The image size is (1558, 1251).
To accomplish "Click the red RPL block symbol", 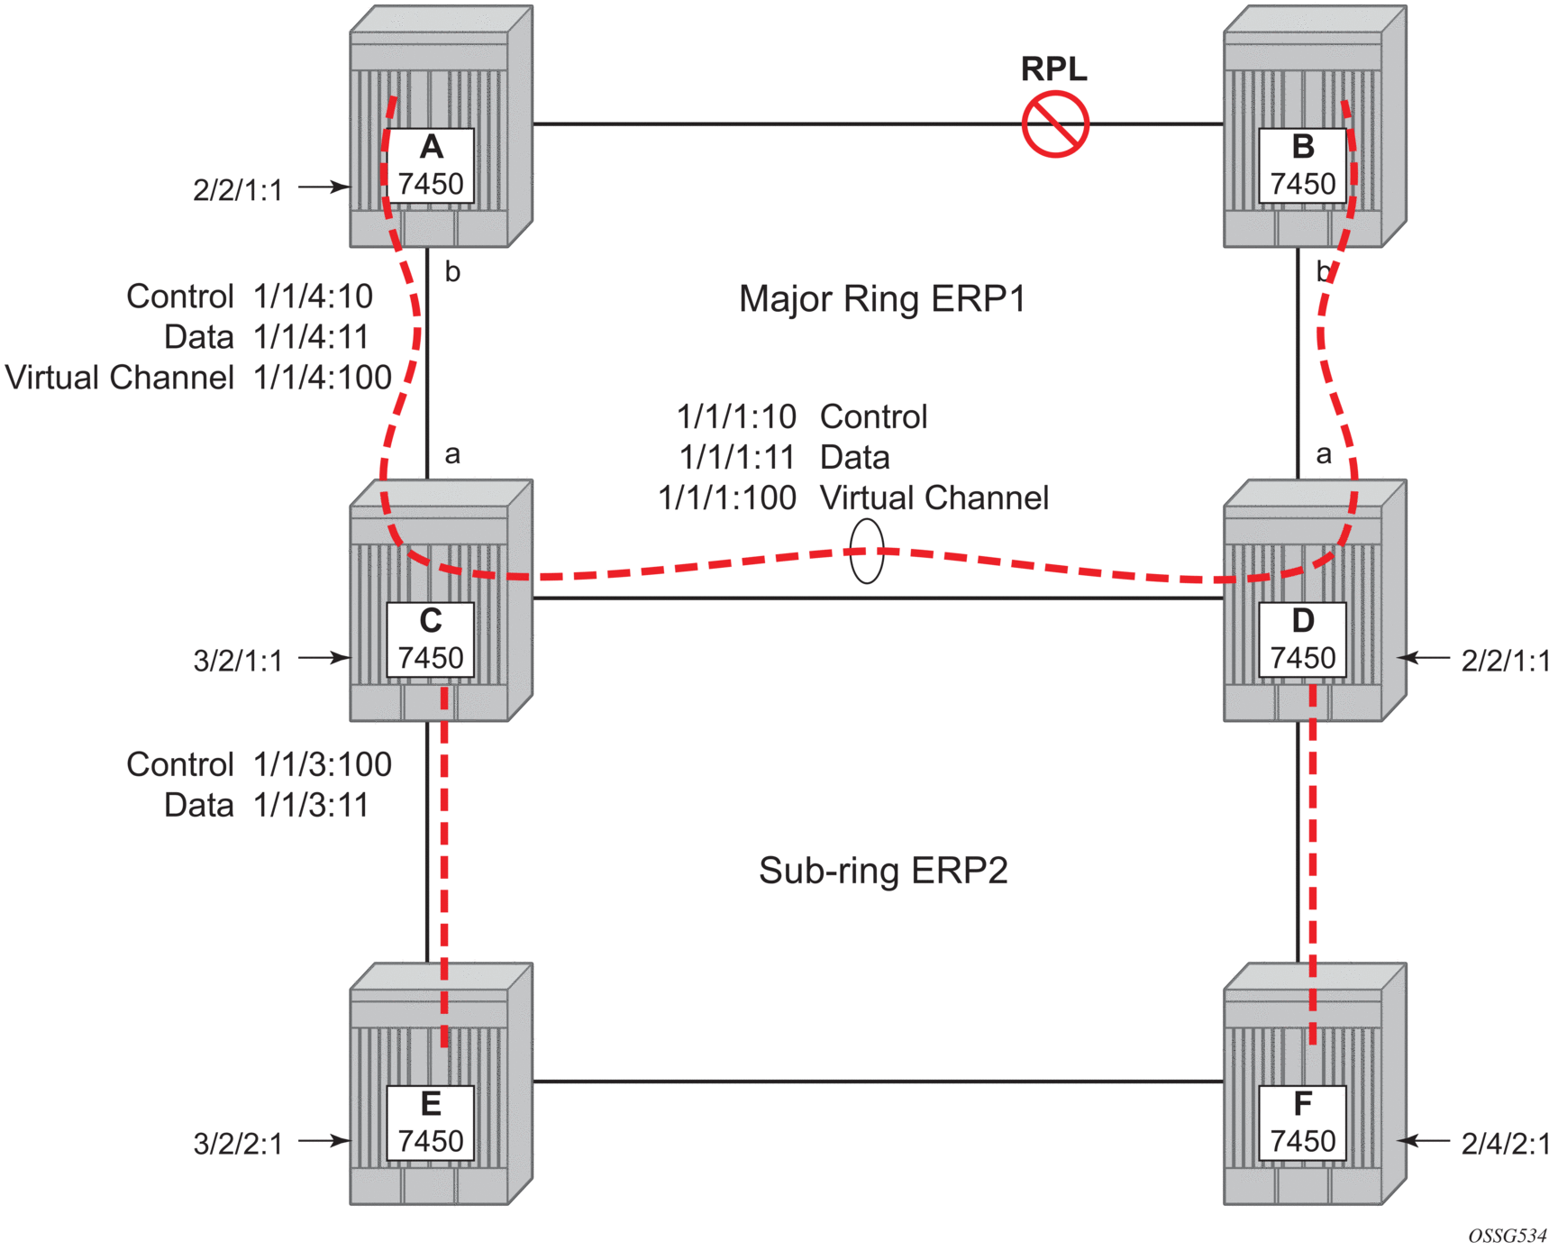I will click(x=1055, y=124).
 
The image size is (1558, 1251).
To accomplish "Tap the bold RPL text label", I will click(x=1053, y=69).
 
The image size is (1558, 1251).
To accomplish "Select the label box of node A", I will click(x=431, y=167).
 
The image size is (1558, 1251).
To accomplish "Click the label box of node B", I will click(x=1302, y=167).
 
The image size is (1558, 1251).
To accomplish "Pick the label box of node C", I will click(x=431, y=640).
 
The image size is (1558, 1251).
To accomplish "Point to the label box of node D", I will click(x=1302, y=640).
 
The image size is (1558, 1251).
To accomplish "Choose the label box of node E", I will click(x=431, y=1123).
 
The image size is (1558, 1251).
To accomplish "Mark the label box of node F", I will click(x=1302, y=1123).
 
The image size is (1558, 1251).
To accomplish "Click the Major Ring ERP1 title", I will click(x=882, y=299).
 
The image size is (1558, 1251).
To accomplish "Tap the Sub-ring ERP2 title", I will click(x=883, y=871).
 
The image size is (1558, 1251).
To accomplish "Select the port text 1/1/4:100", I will click(x=323, y=378).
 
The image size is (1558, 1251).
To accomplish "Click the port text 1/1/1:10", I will click(x=736, y=417).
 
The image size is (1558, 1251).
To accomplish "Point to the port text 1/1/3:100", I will click(x=323, y=765).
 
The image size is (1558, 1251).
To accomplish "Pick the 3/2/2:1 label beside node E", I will click(x=238, y=1144).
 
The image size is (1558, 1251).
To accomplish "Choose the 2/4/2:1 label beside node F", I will click(x=1505, y=1144).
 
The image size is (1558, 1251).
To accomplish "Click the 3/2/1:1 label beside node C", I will click(x=238, y=661).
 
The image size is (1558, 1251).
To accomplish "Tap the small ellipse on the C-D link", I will click(x=867, y=551).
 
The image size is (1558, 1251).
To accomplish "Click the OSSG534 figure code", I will click(x=1507, y=1236).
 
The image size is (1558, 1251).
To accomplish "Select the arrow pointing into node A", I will click(x=323, y=187).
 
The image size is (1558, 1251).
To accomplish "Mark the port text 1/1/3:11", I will click(x=312, y=806).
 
